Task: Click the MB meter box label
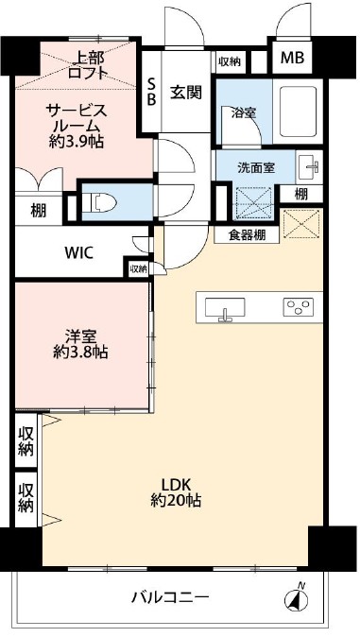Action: [292, 59]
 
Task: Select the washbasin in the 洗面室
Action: [309, 168]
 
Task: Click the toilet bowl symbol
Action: [100, 200]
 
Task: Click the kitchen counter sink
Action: [225, 308]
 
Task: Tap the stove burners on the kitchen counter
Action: [298, 306]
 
